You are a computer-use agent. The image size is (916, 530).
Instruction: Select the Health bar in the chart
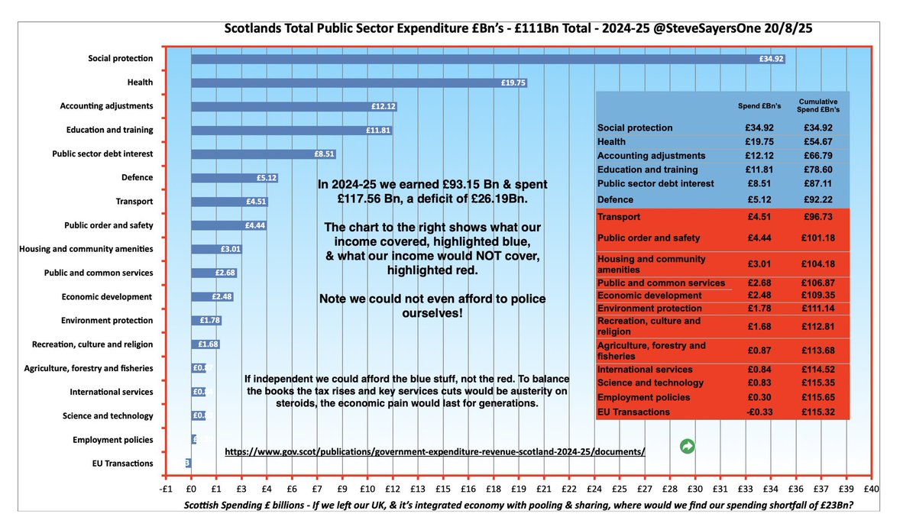click(359, 82)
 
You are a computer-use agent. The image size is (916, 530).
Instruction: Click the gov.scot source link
click(435, 451)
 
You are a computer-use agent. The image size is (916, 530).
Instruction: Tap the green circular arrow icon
click(688, 446)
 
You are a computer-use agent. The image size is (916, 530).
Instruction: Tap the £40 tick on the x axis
click(871, 490)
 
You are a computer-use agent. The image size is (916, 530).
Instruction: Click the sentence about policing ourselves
click(432, 305)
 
